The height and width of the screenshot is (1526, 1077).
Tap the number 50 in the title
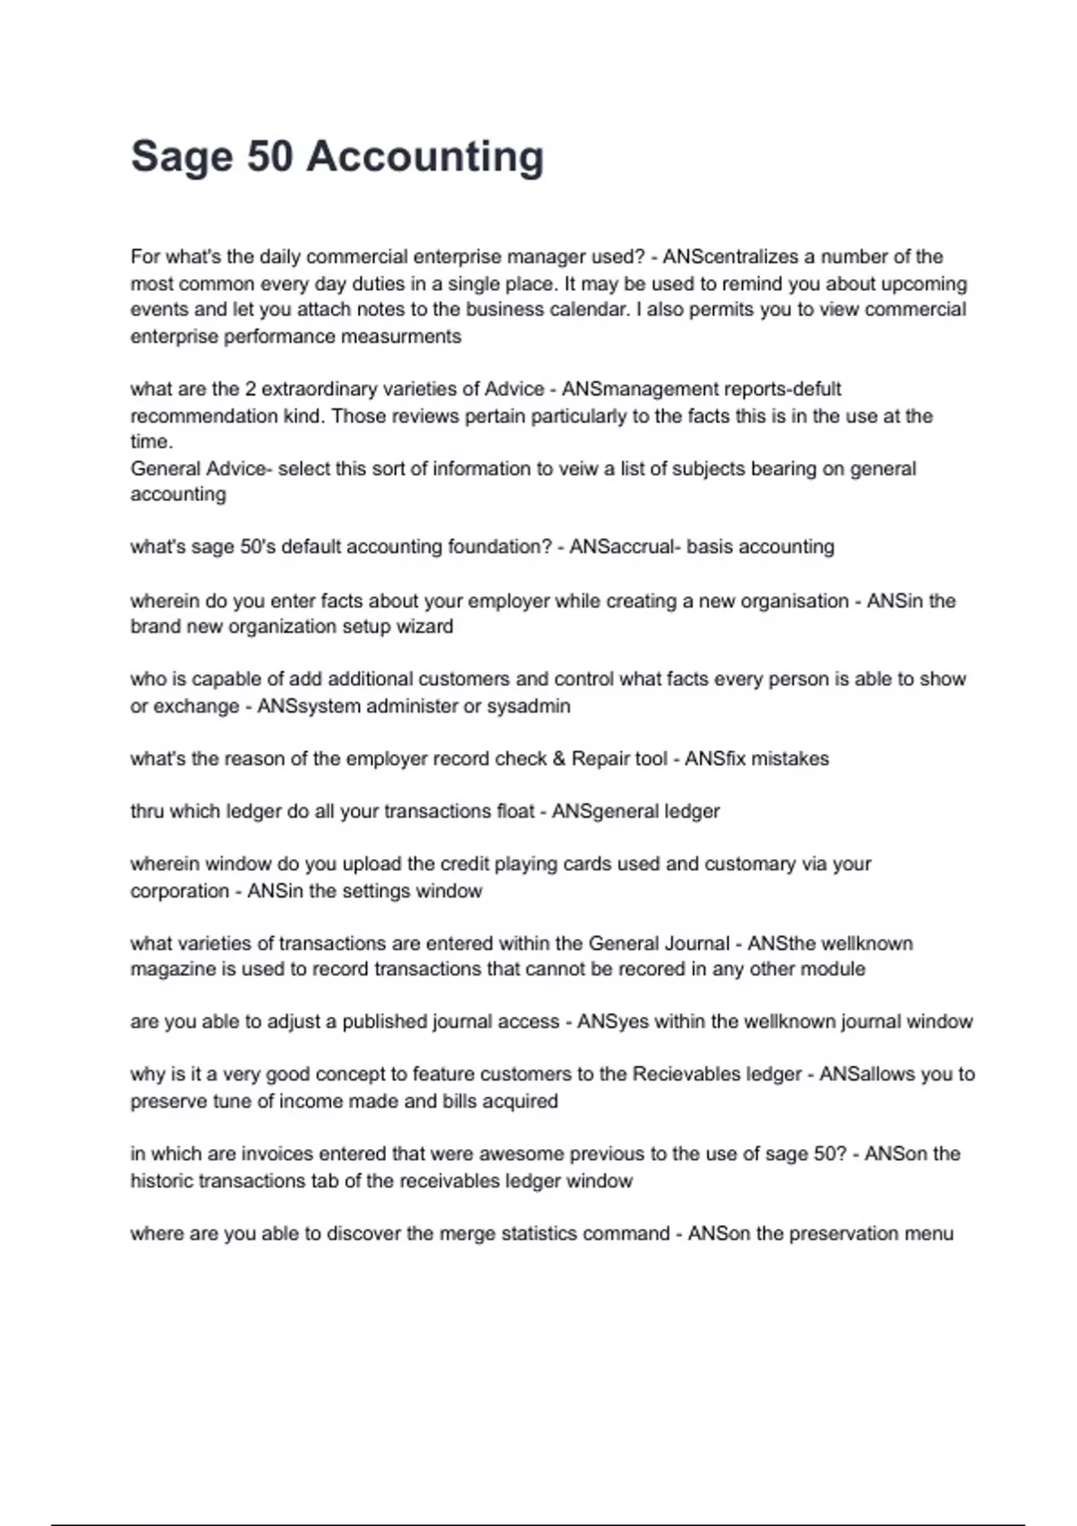269,156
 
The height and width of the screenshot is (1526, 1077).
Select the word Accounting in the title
425,157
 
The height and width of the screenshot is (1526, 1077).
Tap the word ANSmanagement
638,390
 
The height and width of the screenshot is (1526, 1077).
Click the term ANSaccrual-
623,547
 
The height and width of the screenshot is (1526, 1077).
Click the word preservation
845,1233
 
